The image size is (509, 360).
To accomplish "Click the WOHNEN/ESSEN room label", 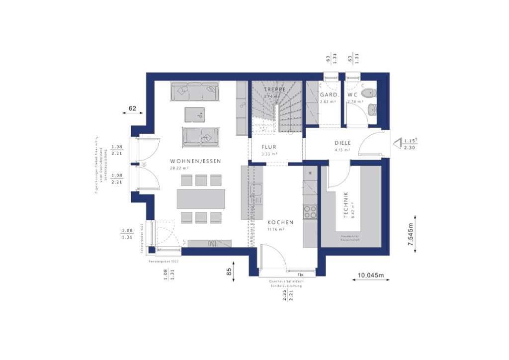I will point(195,161).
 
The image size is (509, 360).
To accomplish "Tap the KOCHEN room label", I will point(280,222).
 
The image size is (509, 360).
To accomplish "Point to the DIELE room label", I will point(342,143).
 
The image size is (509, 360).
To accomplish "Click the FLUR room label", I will point(269,147).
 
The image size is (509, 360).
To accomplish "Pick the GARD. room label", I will point(329,94).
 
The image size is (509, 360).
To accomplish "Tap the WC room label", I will point(352,94).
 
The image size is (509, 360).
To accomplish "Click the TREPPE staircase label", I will point(275,90).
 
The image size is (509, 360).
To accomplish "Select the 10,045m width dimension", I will point(371,275).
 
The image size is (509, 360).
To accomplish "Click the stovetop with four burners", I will point(310,212).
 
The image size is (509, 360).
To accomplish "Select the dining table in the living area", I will point(200,199).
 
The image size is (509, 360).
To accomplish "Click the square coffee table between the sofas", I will point(194,114).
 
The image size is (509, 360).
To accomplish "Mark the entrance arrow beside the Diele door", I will point(397,144).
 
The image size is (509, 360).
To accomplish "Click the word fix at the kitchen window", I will point(300,274).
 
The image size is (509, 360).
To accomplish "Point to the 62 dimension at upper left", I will point(132,108).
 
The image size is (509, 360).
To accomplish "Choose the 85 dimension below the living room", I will point(229,272).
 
